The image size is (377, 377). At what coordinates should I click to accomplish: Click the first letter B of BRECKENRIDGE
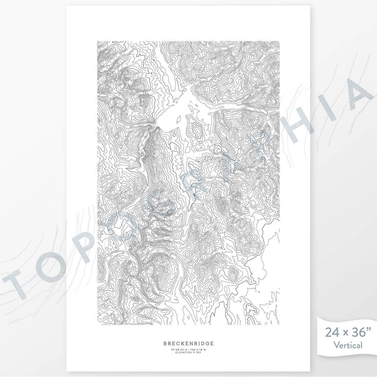pyautogui.click(x=164, y=342)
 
